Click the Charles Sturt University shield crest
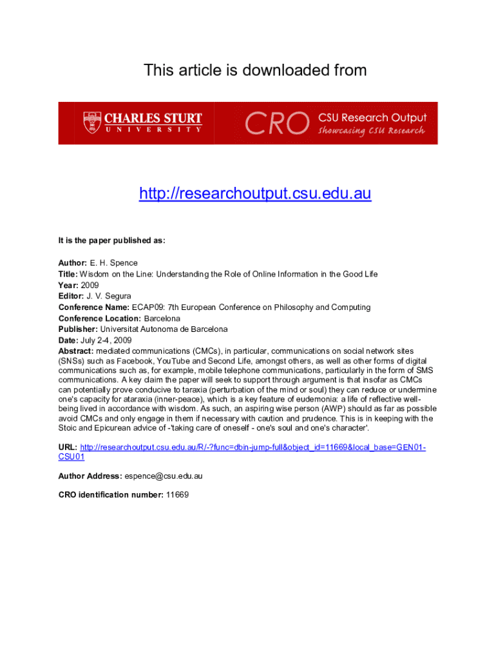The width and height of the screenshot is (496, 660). pos(92,122)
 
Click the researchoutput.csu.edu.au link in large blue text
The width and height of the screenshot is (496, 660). pos(255,193)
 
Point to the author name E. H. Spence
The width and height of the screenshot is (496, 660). pos(114,263)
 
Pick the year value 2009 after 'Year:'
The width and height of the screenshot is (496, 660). pos(90,285)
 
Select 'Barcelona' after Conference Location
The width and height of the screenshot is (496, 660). pos(162,318)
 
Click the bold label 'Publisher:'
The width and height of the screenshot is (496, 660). pos(78,329)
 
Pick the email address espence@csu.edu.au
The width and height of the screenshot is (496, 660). pos(164,476)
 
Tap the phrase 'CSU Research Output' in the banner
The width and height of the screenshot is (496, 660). pos(372,118)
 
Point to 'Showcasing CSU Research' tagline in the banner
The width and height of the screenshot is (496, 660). pos(372,131)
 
